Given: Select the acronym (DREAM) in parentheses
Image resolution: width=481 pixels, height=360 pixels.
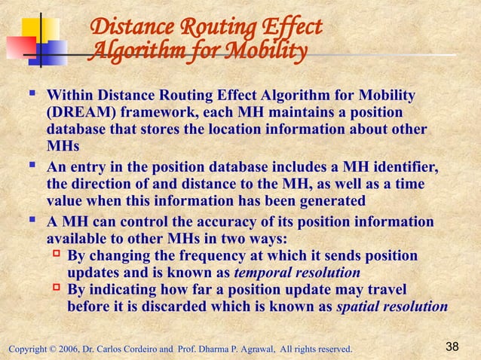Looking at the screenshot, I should pyautogui.click(x=79, y=114).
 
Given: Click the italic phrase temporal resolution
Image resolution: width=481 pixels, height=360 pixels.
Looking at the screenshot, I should pyautogui.click(x=298, y=273).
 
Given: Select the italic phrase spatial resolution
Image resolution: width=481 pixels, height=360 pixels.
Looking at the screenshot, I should pyautogui.click(x=391, y=307).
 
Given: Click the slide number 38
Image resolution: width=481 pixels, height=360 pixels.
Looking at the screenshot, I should pyautogui.click(x=452, y=346).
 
